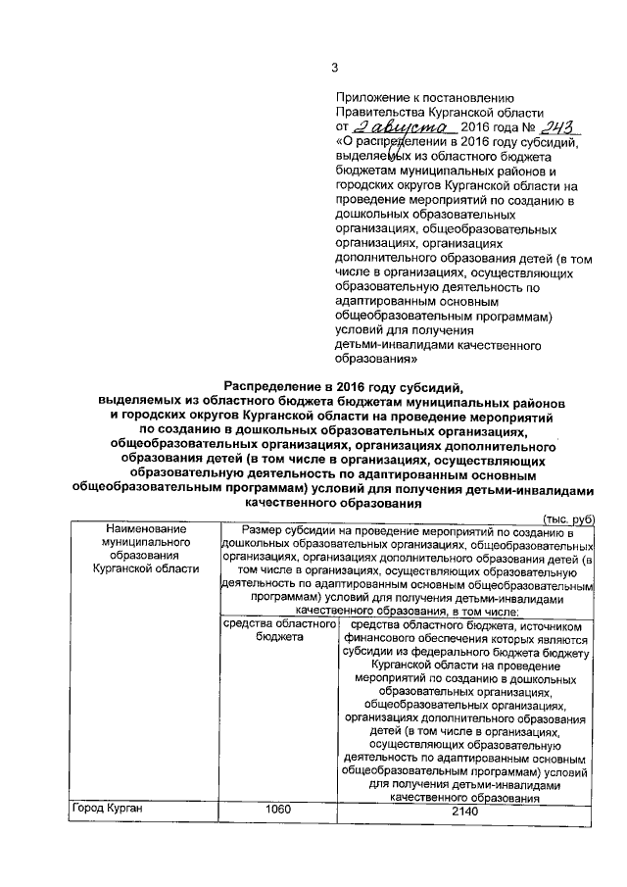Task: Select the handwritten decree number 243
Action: click(x=558, y=126)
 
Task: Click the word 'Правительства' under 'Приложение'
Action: click(x=381, y=114)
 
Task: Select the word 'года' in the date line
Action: click(x=499, y=128)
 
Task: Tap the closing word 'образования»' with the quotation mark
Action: click(x=375, y=360)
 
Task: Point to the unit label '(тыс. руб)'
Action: click(x=568, y=517)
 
